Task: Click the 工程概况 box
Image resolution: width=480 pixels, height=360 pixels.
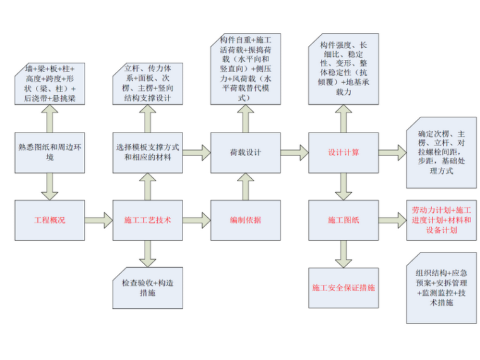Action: (49, 220)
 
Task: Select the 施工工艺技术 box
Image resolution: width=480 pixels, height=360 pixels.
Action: (147, 220)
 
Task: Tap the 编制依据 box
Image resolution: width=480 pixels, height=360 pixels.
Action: (244, 220)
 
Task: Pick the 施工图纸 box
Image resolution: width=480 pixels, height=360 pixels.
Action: (343, 220)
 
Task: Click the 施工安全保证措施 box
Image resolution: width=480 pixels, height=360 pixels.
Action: (343, 287)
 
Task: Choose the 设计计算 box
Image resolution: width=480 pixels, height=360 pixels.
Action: (343, 152)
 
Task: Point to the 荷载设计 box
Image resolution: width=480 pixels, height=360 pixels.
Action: (244, 152)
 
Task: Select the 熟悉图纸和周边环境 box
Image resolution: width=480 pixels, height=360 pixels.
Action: (49, 152)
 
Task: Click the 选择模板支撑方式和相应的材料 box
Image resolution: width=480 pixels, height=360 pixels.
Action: (147, 152)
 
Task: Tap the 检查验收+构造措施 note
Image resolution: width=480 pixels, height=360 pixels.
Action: (147, 288)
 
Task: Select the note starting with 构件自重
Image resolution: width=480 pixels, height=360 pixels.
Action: (244, 69)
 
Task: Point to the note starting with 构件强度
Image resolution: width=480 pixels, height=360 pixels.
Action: (344, 70)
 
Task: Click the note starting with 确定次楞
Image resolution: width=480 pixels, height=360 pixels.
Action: (440, 152)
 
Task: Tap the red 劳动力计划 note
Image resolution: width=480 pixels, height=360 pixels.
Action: (440, 220)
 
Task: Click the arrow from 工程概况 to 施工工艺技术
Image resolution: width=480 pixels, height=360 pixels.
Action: (99, 220)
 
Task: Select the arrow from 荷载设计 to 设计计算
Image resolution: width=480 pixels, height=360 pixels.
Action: (293, 152)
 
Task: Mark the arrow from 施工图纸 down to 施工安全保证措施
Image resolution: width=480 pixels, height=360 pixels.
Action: (343, 254)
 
